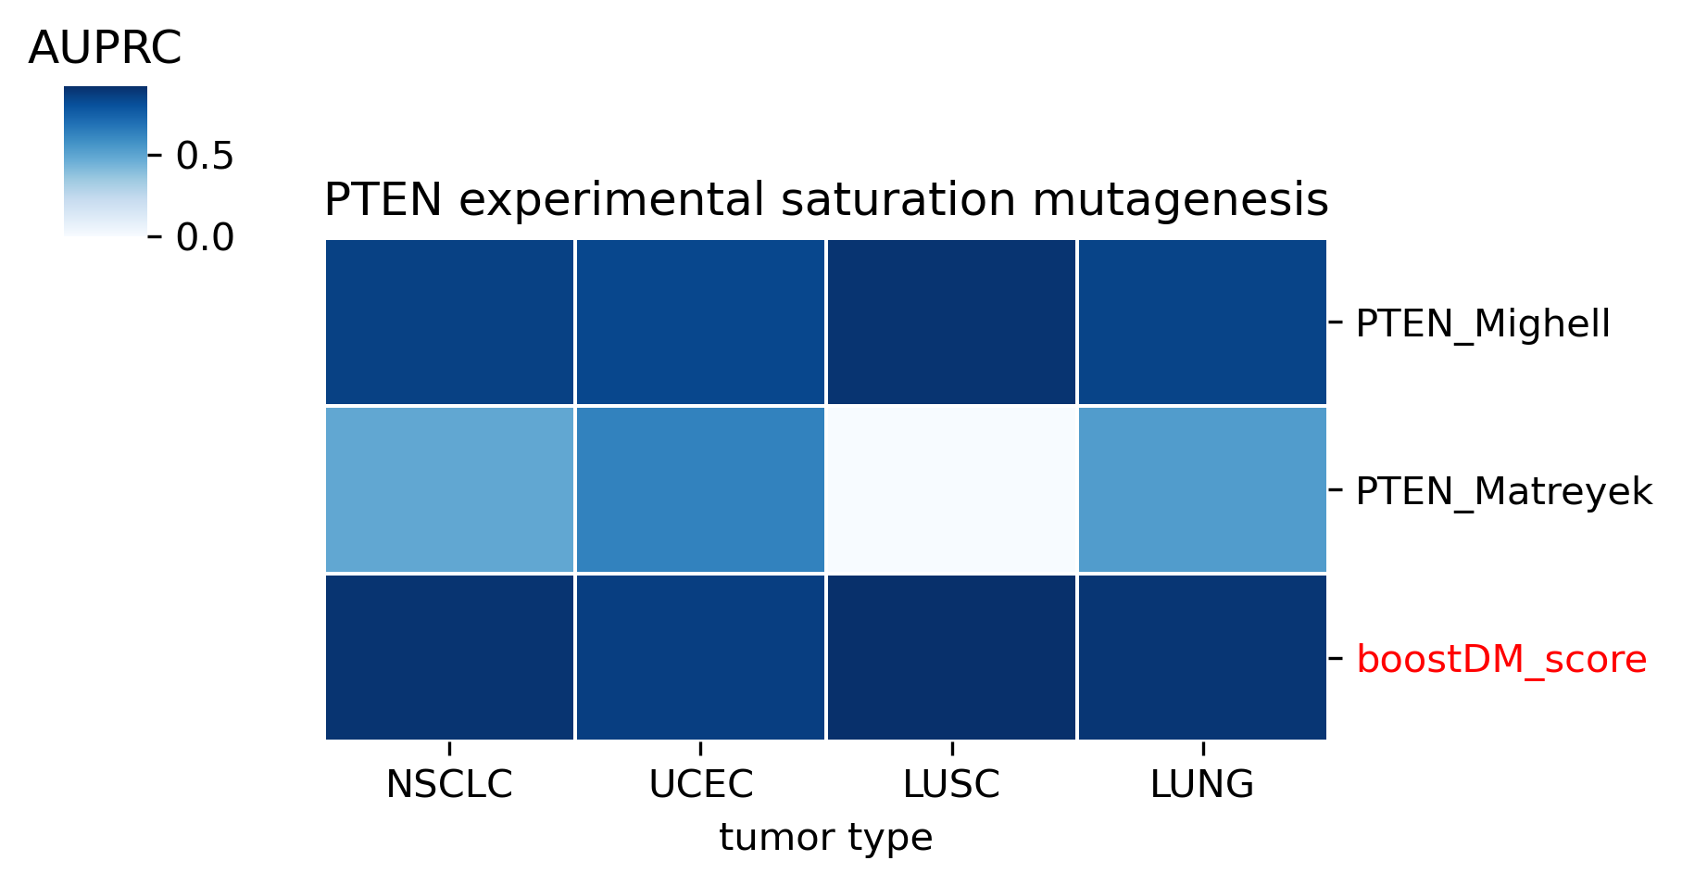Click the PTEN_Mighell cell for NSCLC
(449, 322)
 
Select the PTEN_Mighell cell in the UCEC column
(700, 322)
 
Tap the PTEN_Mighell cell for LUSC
(951, 322)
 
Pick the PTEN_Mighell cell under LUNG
(1202, 322)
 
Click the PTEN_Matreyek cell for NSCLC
(449, 489)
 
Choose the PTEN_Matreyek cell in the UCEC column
(700, 489)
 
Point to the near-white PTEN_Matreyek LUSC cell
(951, 489)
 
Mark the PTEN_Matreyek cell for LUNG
(1202, 489)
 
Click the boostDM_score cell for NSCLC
(449, 657)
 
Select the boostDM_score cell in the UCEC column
(700, 657)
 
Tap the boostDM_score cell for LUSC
(951, 657)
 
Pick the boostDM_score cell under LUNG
(1202, 657)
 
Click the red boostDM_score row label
(1501, 660)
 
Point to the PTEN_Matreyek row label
(1504, 491)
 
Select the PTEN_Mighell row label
(1483, 324)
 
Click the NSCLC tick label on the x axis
(449, 785)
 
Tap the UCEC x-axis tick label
(700, 785)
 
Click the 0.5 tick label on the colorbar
(205, 156)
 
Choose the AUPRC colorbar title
(105, 49)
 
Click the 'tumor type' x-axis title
(825, 838)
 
